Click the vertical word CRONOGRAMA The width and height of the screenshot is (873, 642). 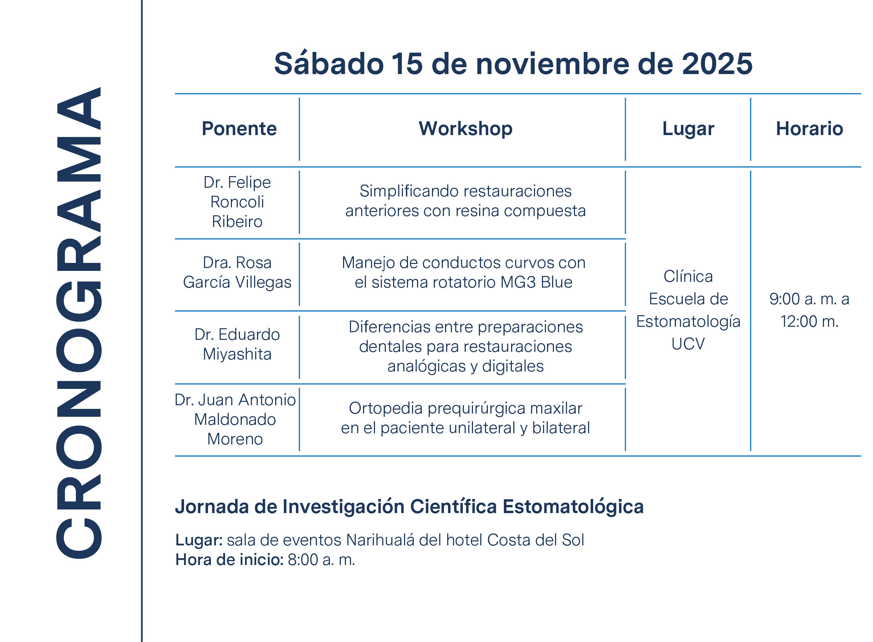[79, 322]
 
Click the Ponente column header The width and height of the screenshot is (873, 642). [239, 129]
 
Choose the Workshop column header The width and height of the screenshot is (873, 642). [465, 129]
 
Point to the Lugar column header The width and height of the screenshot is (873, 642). [688, 129]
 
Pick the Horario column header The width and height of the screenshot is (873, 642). [809, 129]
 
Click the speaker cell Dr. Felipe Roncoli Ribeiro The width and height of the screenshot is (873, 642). [237, 202]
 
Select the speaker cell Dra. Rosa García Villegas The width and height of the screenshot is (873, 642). [237, 272]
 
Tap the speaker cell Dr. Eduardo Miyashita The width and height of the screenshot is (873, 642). [237, 344]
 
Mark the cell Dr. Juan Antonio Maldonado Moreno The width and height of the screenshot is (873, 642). [235, 419]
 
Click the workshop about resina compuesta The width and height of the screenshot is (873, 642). [465, 201]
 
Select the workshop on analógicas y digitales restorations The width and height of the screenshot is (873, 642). [465, 347]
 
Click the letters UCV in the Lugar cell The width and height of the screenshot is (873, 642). [688, 344]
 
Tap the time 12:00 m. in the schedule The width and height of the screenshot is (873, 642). [809, 321]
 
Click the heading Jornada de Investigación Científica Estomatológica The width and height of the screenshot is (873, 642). [409, 507]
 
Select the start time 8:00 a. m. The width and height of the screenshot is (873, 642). [321, 560]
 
